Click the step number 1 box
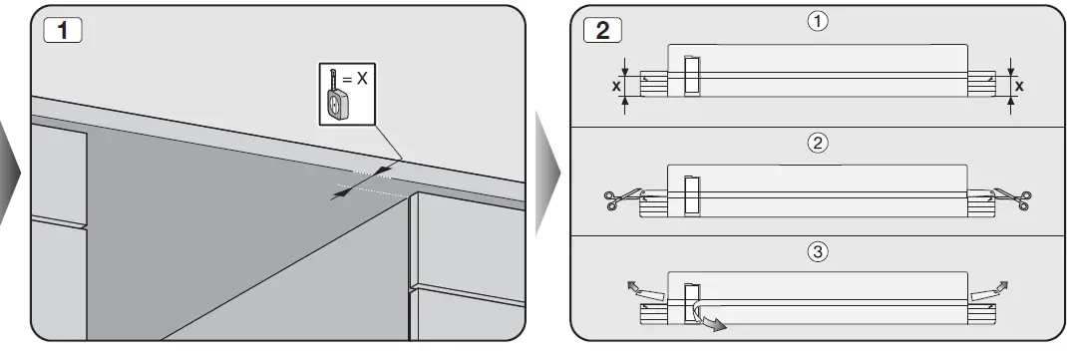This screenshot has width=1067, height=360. (62, 29)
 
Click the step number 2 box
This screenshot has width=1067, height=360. (601, 29)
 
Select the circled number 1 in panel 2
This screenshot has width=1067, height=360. (817, 21)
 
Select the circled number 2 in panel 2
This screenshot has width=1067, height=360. (817, 143)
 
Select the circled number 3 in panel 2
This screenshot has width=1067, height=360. (817, 252)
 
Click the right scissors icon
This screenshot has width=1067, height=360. (1014, 199)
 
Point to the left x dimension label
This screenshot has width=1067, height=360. (614, 86)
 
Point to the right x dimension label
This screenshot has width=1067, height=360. (1019, 86)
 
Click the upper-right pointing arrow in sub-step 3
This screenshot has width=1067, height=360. (1000, 287)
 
